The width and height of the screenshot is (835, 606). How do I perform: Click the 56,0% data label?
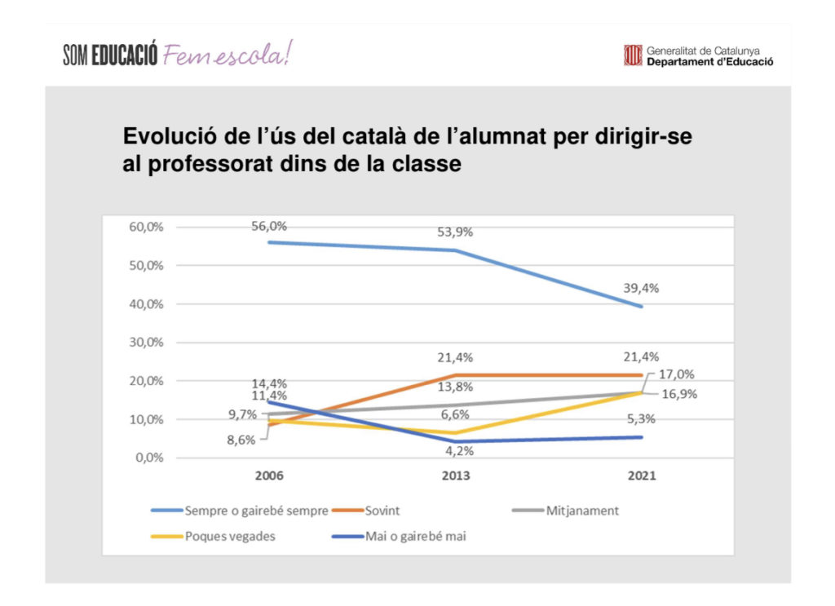click(x=270, y=226)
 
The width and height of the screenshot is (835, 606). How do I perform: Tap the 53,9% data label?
click(x=456, y=232)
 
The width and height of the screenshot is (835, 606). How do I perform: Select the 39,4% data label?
click(x=642, y=288)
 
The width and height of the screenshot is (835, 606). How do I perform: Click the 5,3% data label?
click(x=642, y=420)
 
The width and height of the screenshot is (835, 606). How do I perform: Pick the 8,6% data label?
click(x=241, y=440)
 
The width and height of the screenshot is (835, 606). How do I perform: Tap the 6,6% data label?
click(x=456, y=414)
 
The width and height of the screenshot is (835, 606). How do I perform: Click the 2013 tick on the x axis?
click(x=456, y=476)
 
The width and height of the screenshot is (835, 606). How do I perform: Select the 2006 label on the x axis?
click(x=270, y=476)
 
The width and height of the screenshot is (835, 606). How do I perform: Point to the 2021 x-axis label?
click(x=642, y=476)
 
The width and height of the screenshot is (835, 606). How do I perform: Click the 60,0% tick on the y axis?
click(x=146, y=227)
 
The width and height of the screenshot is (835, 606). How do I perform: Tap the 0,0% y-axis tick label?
click(x=149, y=458)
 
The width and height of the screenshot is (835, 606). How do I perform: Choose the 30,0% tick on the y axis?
click(x=146, y=343)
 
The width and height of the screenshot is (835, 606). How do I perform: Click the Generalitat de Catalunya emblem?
click(x=633, y=55)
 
